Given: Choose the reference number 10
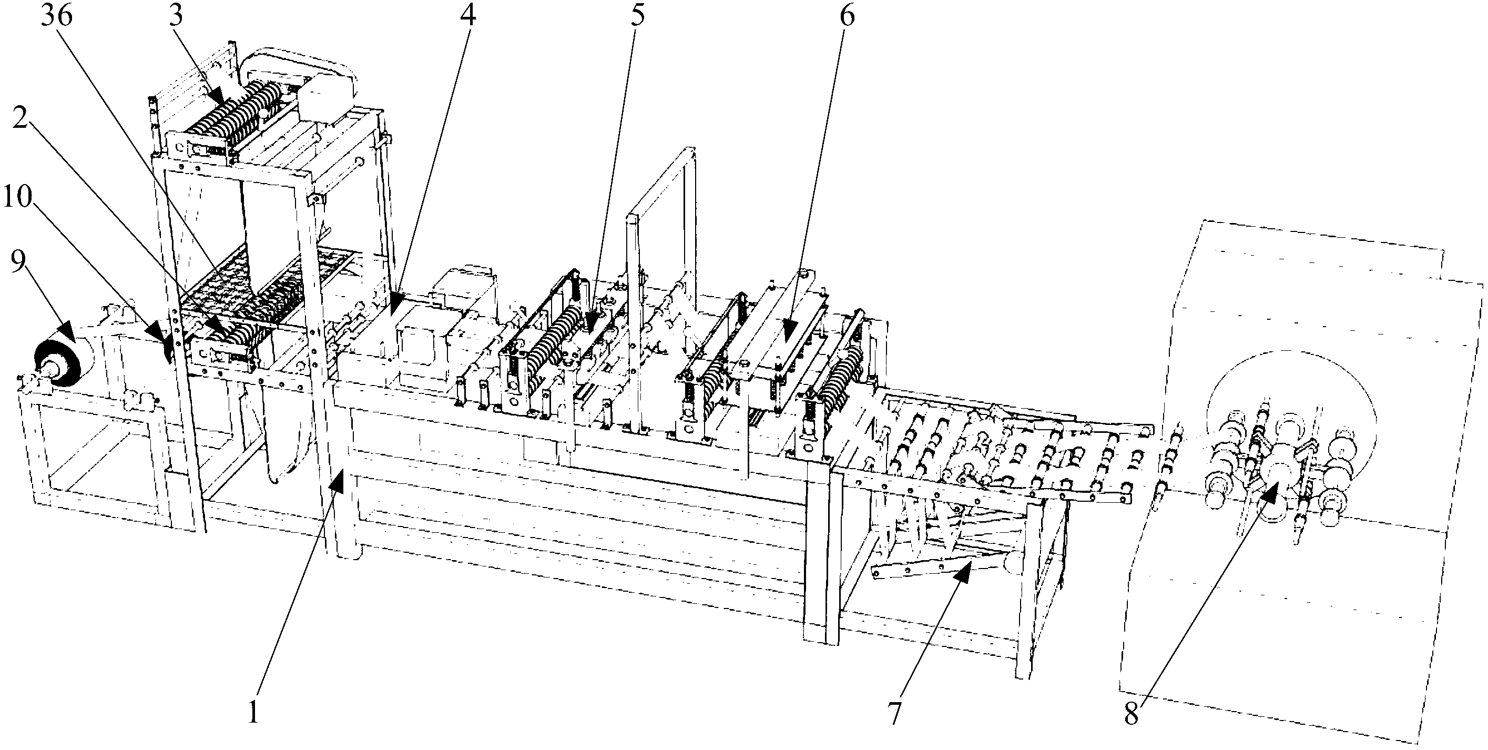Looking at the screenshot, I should [x=17, y=198].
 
